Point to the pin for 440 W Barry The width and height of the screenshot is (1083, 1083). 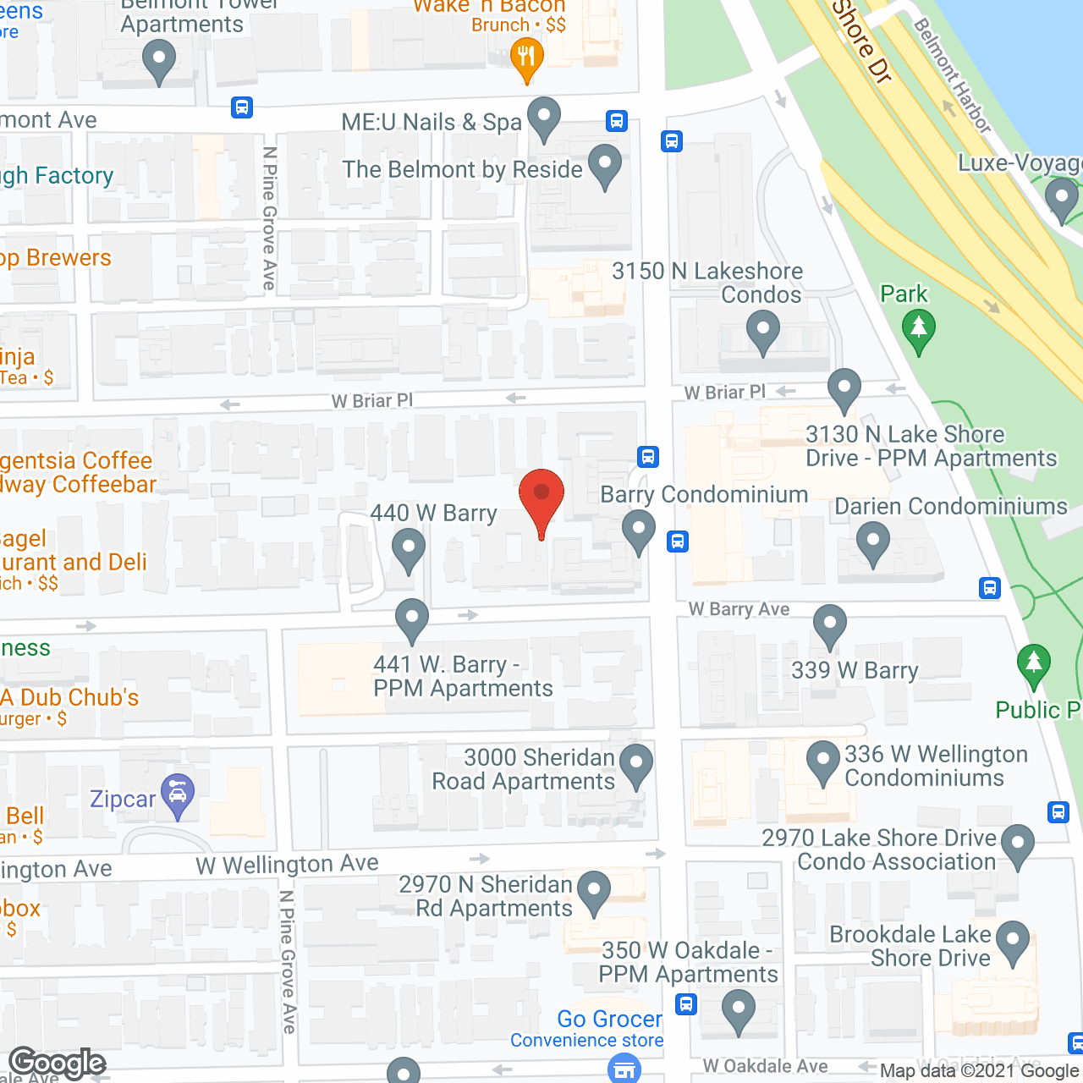[409, 549]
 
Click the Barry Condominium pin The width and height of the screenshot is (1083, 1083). [639, 531]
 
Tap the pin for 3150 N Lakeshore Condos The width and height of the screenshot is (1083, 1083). [762, 331]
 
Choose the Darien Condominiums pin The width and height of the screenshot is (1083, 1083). [872, 542]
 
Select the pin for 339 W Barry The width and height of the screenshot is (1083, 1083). [829, 627]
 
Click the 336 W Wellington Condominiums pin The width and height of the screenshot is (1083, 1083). [822, 761]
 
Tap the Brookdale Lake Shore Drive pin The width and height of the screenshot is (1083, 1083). [1013, 942]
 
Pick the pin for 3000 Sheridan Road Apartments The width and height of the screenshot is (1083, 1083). [636, 765]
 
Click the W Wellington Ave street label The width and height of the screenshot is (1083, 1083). [287, 864]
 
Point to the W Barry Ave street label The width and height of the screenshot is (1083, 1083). [739, 609]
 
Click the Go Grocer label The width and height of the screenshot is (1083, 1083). [609, 1019]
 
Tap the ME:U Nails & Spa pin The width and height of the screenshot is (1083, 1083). [544, 118]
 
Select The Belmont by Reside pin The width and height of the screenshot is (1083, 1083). [605, 166]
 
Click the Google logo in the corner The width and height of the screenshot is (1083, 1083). [58, 1063]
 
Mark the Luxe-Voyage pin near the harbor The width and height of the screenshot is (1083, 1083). [1061, 201]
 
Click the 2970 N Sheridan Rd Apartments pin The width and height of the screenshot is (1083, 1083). [594, 892]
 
